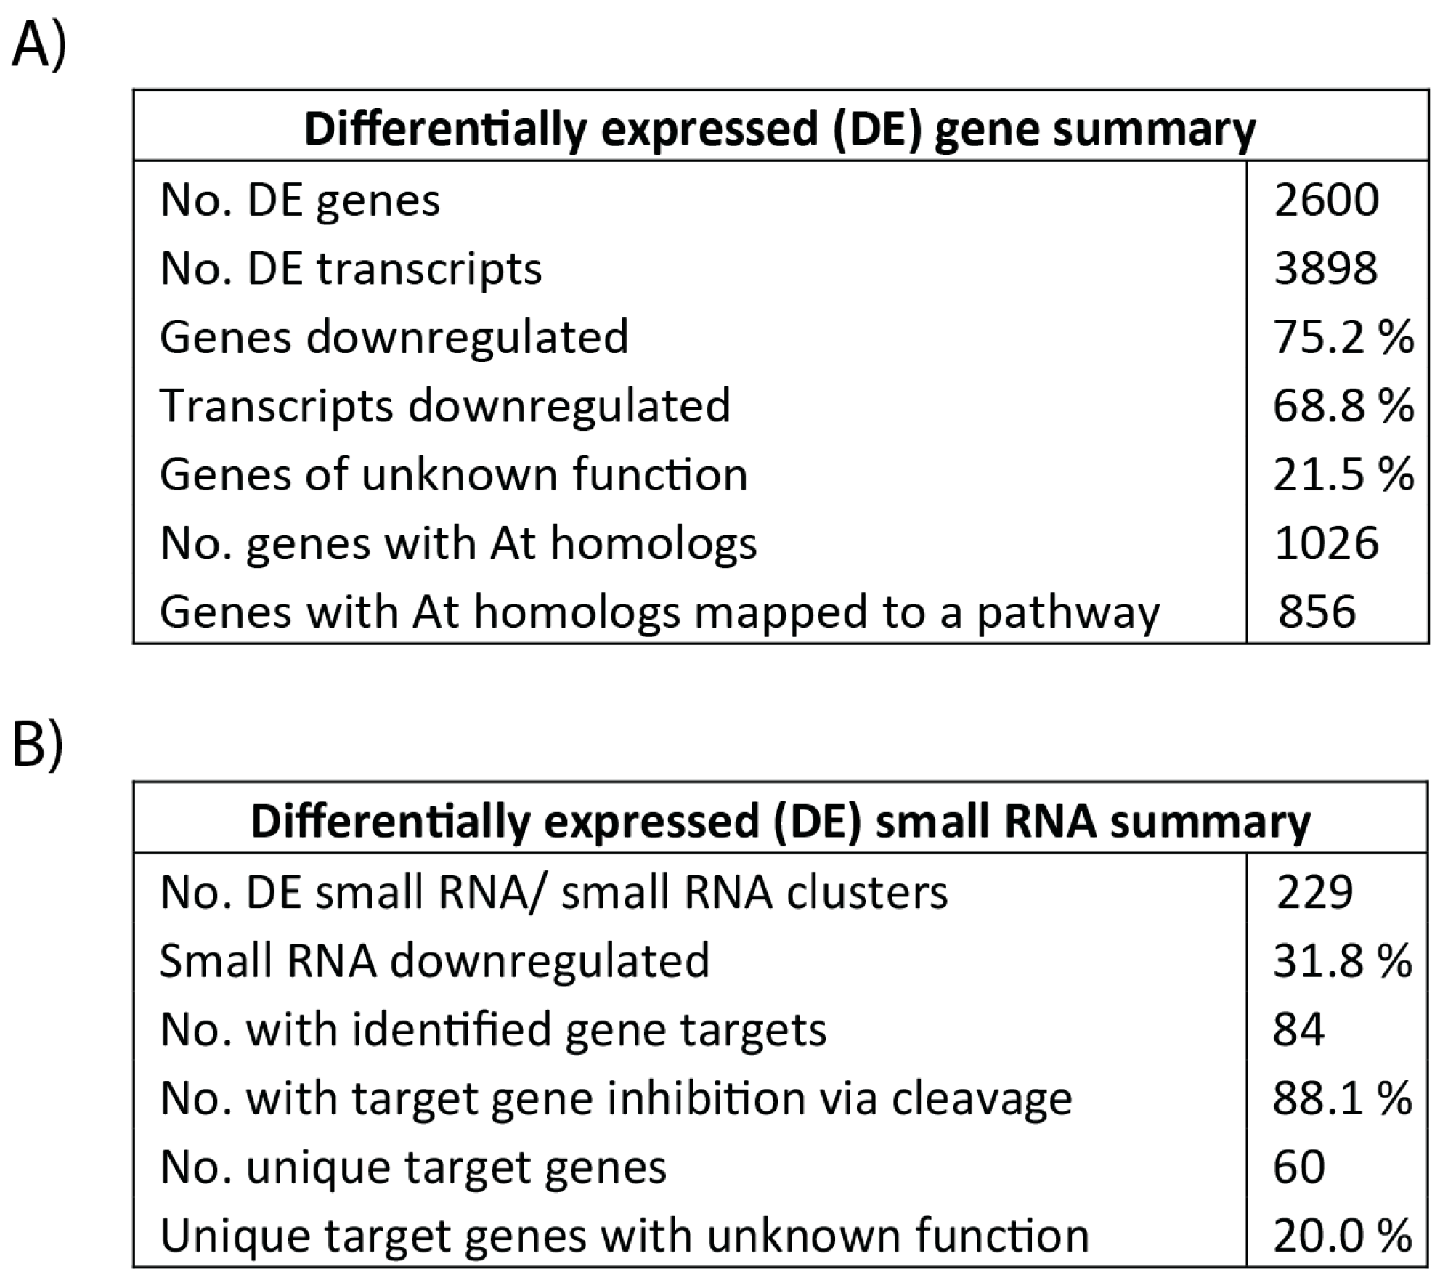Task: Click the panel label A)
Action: click(x=38, y=45)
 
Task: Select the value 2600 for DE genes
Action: click(x=1326, y=200)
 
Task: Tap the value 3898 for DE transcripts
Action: click(x=1325, y=268)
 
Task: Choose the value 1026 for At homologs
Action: click(x=1326, y=543)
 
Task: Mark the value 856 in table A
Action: click(x=1317, y=611)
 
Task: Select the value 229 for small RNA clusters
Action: click(x=1314, y=892)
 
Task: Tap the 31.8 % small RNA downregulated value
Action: click(x=1342, y=960)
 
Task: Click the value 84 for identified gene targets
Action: click(x=1298, y=1029)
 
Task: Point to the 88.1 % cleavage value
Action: click(x=1342, y=1098)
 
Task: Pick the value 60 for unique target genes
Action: click(x=1298, y=1167)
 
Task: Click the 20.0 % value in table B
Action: click(x=1342, y=1235)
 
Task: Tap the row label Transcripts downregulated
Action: click(x=444, y=405)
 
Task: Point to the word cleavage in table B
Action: click(x=981, y=1099)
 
